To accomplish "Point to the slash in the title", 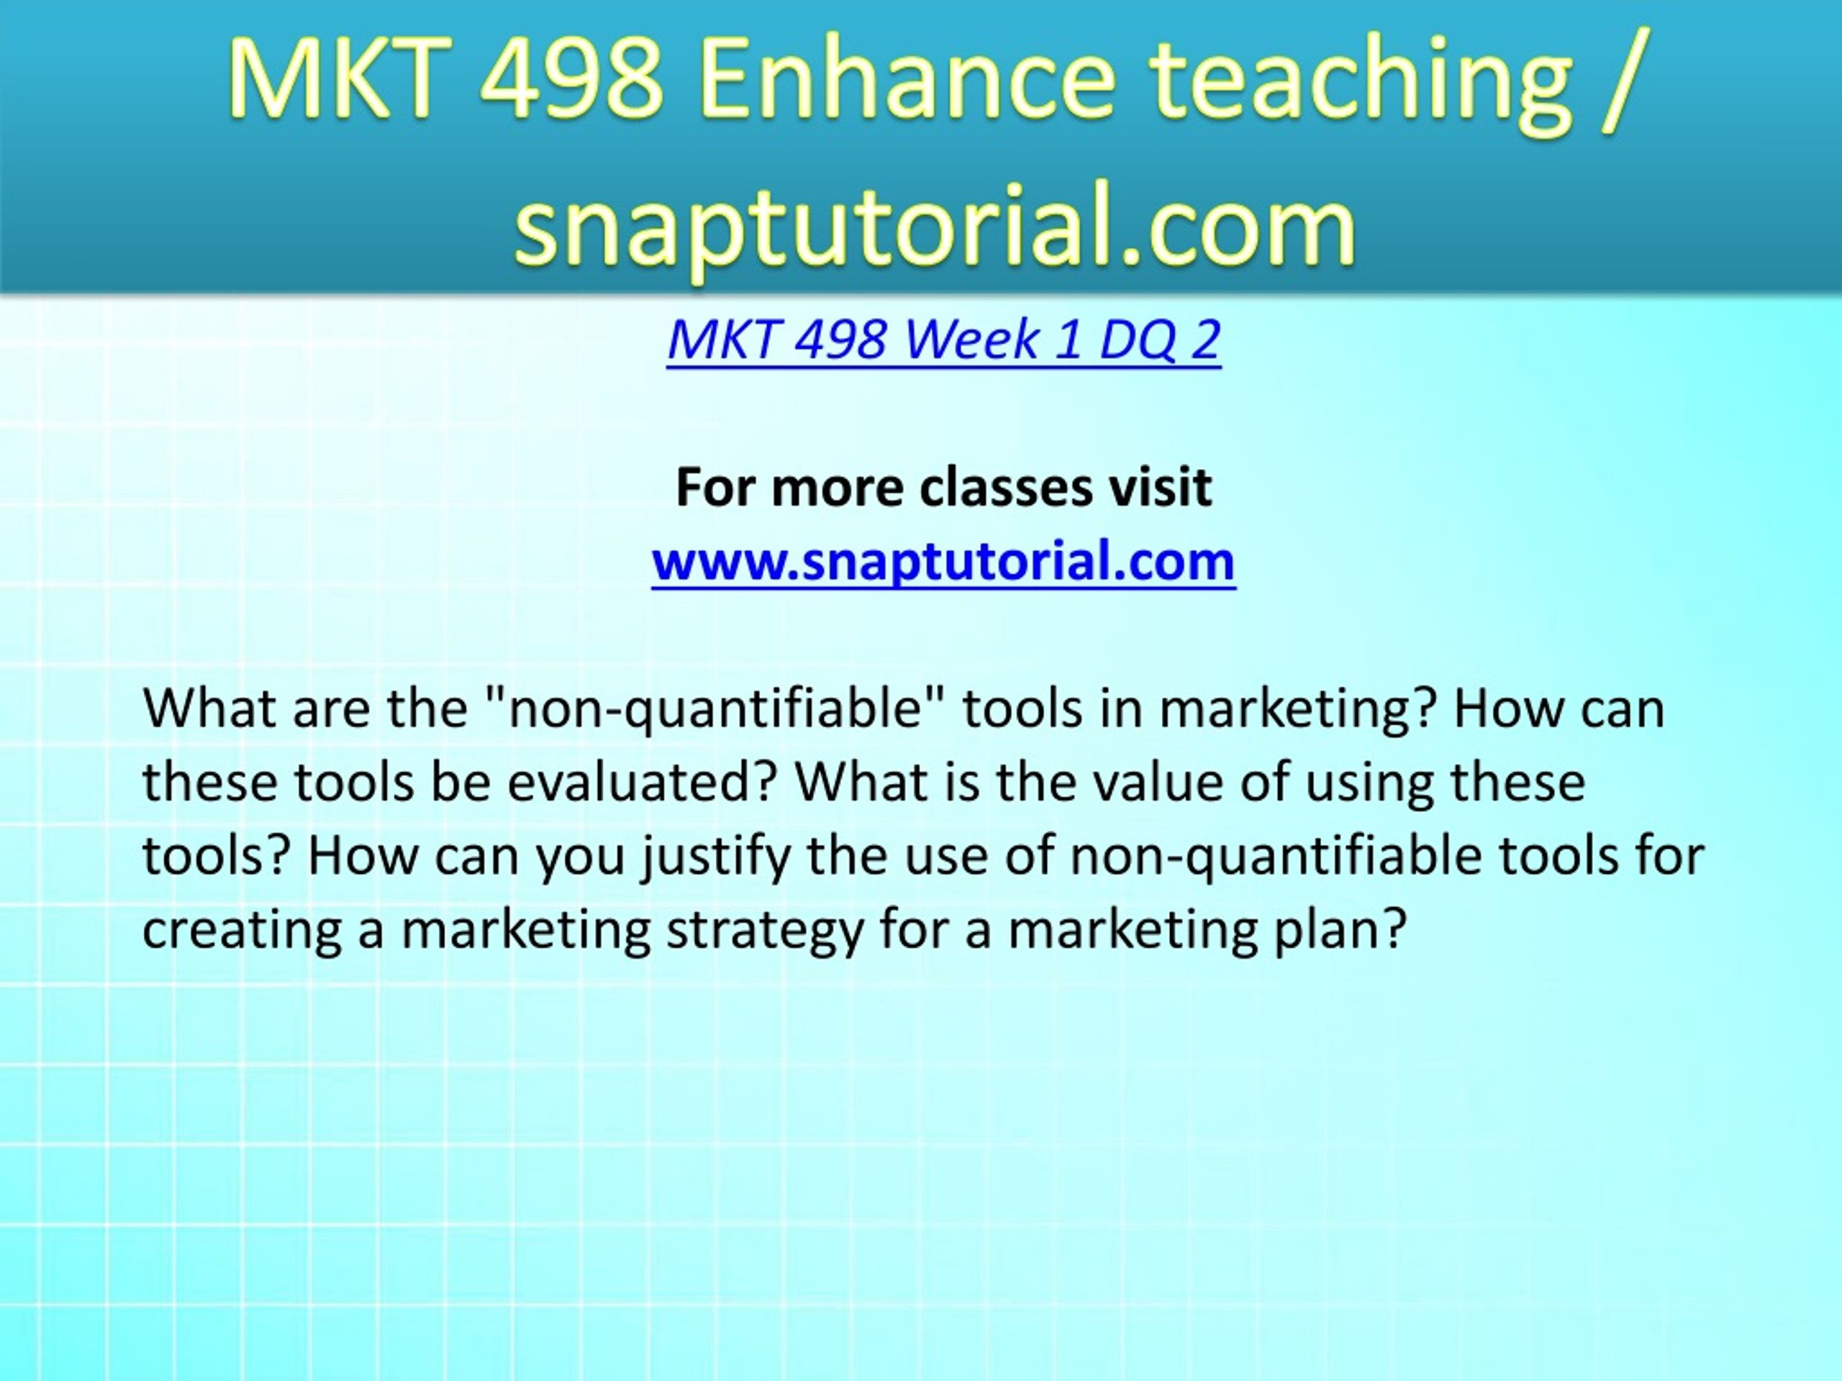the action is pyautogui.click(x=1621, y=81).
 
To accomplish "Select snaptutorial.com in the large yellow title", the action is pyautogui.click(x=935, y=224).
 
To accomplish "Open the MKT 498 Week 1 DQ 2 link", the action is pyautogui.click(x=943, y=339).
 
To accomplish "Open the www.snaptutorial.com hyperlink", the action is pyautogui.click(x=943, y=561).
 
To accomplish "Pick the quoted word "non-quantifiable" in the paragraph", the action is pyautogui.click(x=715, y=710).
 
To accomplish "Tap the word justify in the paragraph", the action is pyautogui.click(x=715, y=857).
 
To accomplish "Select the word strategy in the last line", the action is pyautogui.click(x=764, y=931).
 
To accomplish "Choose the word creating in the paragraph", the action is pyautogui.click(x=242, y=931).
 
